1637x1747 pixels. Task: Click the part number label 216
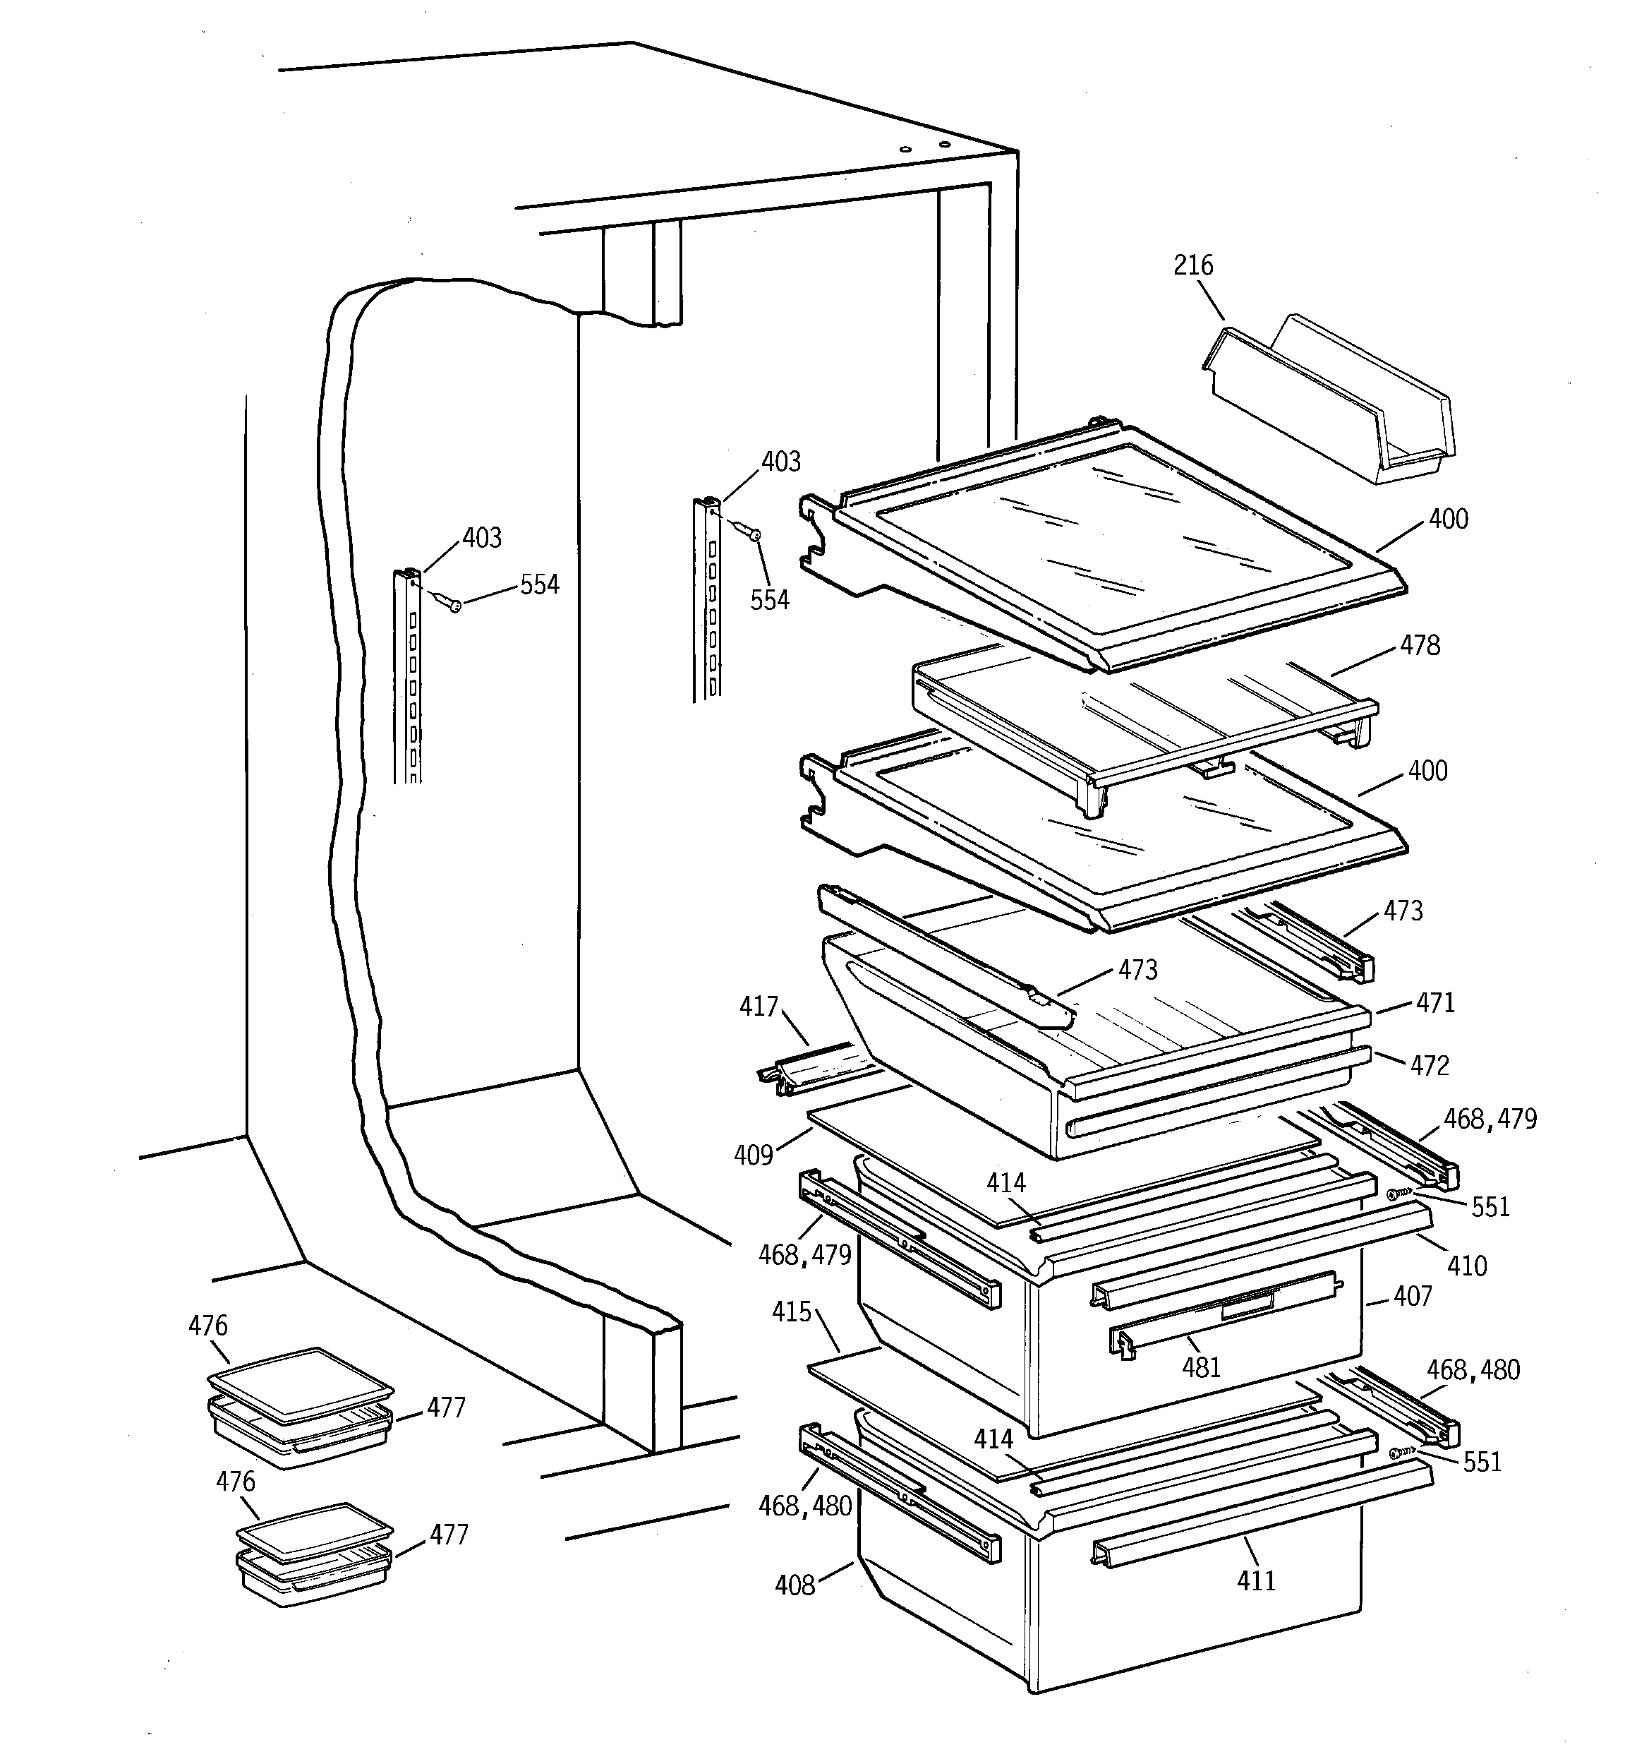coord(1192,265)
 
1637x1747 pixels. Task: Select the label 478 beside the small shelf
coord(1420,645)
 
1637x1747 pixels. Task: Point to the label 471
coord(1435,1003)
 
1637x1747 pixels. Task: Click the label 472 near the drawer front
coord(1429,1065)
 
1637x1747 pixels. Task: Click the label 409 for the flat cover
coord(753,1154)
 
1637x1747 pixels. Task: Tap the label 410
coord(1466,1266)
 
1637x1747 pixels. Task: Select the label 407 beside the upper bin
coord(1412,1296)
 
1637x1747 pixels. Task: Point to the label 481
coord(1201,1367)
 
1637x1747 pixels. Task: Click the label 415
coord(791,1312)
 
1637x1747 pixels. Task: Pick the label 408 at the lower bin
coord(795,1585)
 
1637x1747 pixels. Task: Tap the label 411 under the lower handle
coord(1256,1581)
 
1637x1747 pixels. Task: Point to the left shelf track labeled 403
coord(407,677)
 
